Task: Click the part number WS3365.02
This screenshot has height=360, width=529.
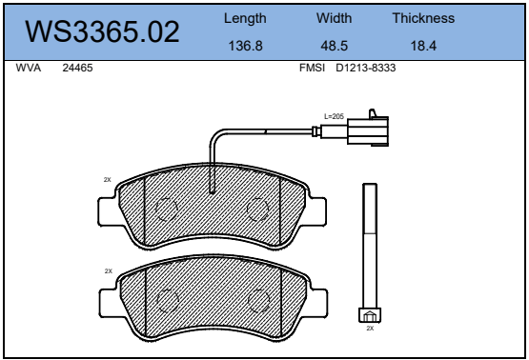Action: point(102,31)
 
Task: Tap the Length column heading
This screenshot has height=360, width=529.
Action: point(245,18)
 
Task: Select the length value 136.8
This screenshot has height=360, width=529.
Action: point(245,46)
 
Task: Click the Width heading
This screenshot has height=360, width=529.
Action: point(334,18)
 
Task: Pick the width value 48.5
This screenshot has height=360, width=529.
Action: point(334,46)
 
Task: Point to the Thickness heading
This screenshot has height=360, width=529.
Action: point(423,18)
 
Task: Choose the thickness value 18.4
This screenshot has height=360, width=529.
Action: point(423,46)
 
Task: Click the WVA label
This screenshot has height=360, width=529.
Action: point(29,68)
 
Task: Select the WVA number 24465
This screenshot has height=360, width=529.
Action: point(77,68)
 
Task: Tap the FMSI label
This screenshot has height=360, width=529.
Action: point(312,68)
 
